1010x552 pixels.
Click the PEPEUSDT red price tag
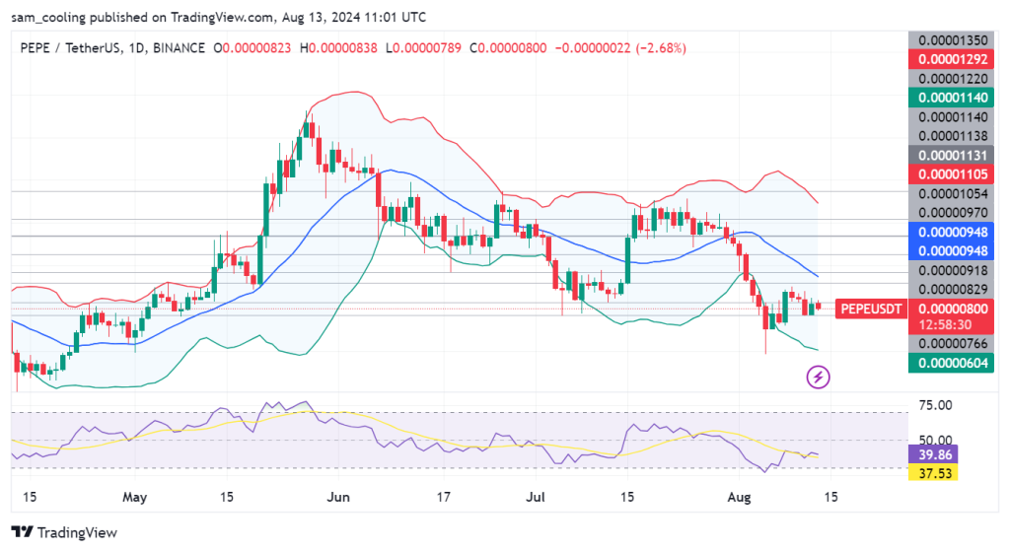click(x=870, y=309)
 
